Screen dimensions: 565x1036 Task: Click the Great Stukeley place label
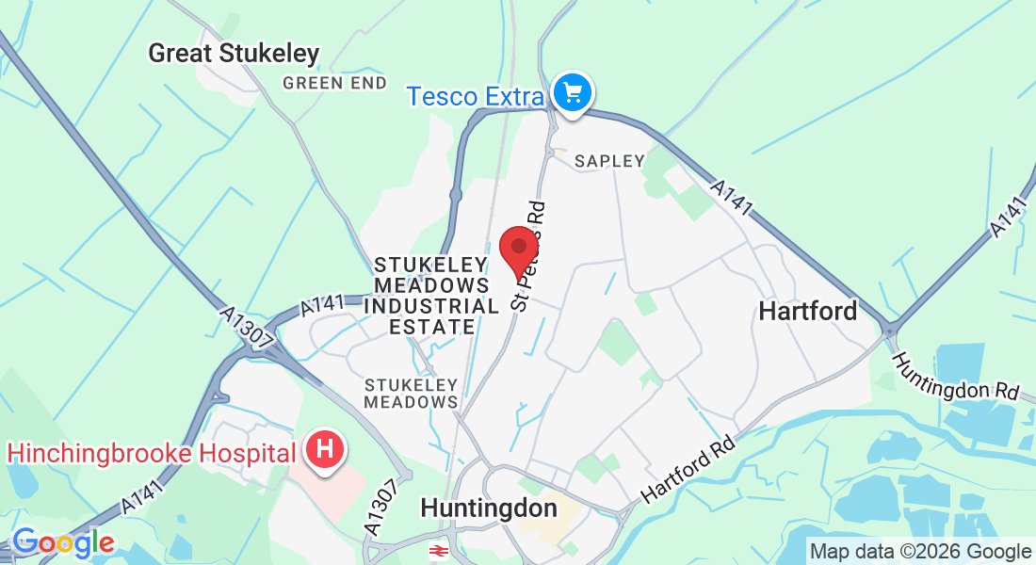click(x=234, y=54)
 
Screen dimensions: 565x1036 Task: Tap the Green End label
click(x=334, y=83)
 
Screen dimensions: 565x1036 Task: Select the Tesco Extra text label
click(x=476, y=96)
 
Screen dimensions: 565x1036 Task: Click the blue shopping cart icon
click(x=573, y=93)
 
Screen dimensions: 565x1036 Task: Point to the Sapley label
click(x=609, y=161)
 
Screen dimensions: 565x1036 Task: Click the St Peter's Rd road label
click(x=528, y=254)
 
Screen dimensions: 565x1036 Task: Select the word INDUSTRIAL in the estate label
click(x=431, y=306)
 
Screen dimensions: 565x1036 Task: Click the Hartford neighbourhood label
click(x=808, y=311)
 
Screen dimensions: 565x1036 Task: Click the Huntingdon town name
click(x=488, y=508)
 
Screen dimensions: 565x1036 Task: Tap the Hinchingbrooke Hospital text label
click(x=152, y=452)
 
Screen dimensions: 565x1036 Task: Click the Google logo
click(x=62, y=542)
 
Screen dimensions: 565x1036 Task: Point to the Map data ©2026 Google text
click(x=920, y=552)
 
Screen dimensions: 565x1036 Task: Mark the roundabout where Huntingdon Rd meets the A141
click(x=888, y=331)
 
